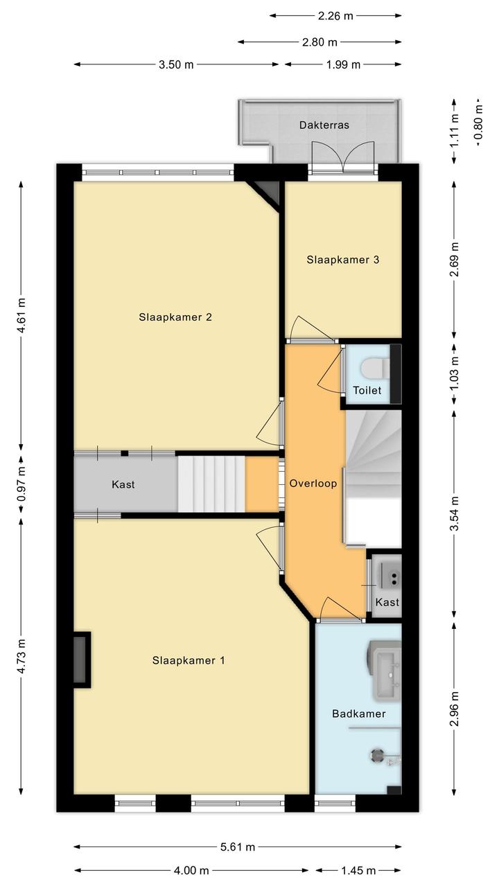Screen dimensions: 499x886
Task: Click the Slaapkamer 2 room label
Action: pyautogui.click(x=175, y=317)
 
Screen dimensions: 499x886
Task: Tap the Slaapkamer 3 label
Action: pyautogui.click(x=342, y=260)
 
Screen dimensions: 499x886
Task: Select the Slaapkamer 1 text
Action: pyautogui.click(x=189, y=660)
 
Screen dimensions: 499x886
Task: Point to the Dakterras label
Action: pyautogui.click(x=324, y=125)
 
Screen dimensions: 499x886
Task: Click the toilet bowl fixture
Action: pyautogui.click(x=375, y=368)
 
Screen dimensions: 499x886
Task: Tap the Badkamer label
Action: pyautogui.click(x=358, y=714)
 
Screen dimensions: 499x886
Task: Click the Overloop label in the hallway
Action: pyautogui.click(x=313, y=484)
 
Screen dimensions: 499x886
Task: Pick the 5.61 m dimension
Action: pyautogui.click(x=238, y=847)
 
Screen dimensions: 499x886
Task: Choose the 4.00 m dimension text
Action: pyautogui.click(x=191, y=871)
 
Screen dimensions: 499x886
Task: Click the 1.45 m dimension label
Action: pyautogui.click(x=358, y=871)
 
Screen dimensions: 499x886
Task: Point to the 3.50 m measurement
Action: pyautogui.click(x=176, y=64)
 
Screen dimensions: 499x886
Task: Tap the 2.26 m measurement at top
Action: pyautogui.click(x=335, y=16)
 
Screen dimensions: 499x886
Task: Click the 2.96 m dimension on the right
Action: pyautogui.click(x=455, y=709)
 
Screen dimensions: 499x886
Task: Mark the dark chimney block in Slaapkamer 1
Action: pyautogui.click(x=82, y=659)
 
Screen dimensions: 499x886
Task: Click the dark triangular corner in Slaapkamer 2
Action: pyautogui.click(x=268, y=191)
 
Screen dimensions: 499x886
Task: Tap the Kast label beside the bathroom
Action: pyautogui.click(x=387, y=602)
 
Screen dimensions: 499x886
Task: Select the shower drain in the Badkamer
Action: pyautogui.click(x=377, y=756)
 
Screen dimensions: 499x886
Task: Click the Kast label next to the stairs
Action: pyautogui.click(x=123, y=484)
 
